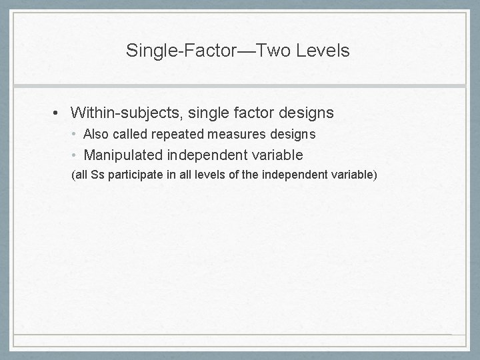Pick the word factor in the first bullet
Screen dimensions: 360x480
(x=247, y=113)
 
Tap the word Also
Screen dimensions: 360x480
(x=95, y=135)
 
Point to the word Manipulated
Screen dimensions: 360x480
(x=123, y=155)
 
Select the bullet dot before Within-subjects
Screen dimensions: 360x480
(x=59, y=113)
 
